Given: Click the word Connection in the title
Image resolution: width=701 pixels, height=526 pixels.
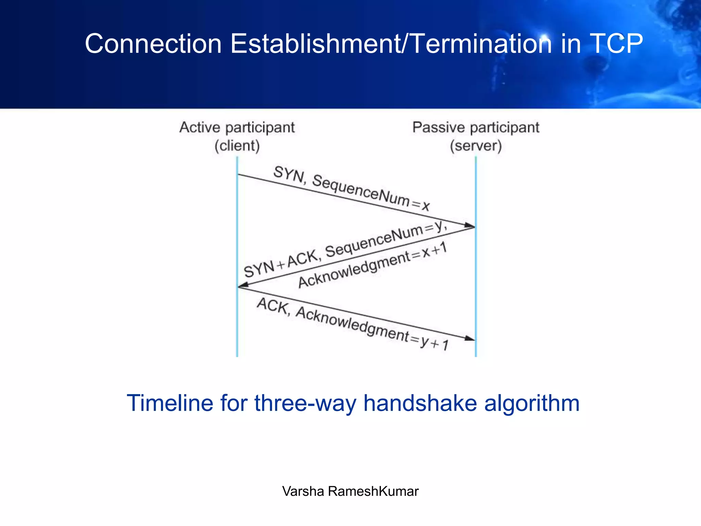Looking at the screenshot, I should click(x=153, y=44).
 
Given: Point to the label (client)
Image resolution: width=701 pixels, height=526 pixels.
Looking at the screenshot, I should click(x=237, y=146).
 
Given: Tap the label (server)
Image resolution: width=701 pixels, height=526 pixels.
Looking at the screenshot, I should click(x=476, y=146).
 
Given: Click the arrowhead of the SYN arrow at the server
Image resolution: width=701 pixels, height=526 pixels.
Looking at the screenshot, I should click(x=470, y=225).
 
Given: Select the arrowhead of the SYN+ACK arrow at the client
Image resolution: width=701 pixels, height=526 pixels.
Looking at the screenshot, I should click(x=243, y=285).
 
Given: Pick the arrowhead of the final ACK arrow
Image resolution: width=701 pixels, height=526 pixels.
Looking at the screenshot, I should click(x=470, y=338).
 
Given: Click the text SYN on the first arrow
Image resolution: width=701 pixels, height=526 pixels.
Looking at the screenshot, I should click(x=289, y=174).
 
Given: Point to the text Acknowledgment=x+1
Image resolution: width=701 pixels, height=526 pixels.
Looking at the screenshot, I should click(x=372, y=265).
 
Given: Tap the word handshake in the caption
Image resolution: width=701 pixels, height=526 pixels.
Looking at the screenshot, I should click(x=420, y=403).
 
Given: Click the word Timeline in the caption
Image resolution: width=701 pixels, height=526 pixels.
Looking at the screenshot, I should click(x=170, y=403).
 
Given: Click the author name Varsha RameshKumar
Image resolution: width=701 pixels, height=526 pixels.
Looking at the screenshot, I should click(x=350, y=491).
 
